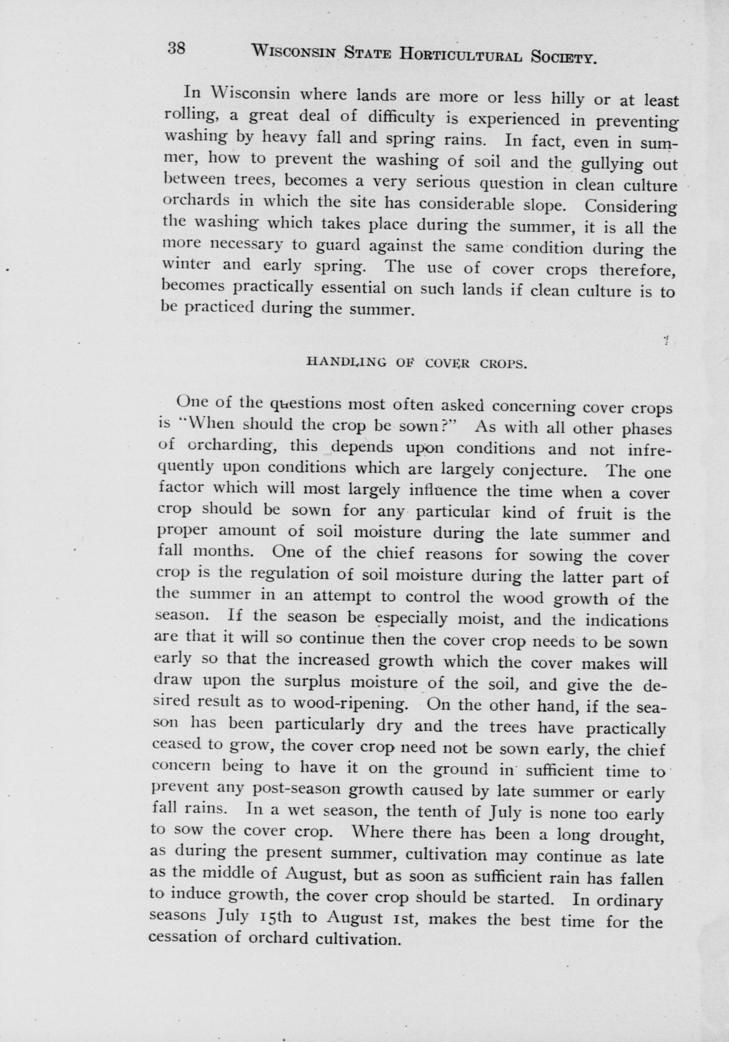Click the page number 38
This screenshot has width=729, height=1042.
176,48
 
